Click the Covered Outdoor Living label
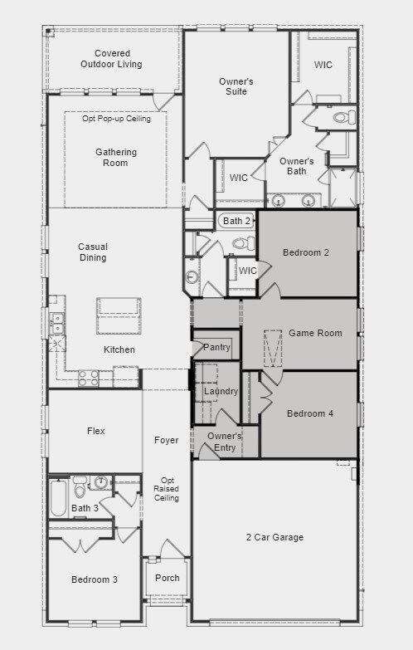[x=111, y=58]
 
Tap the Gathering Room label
[x=116, y=158]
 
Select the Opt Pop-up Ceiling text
[x=116, y=119]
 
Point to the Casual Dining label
[x=93, y=252]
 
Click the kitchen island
[x=119, y=316]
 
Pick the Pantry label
[x=216, y=347]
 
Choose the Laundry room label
[x=221, y=391]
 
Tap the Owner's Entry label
[x=225, y=442]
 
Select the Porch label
[x=167, y=578]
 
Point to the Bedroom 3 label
[x=94, y=579]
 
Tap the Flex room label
[x=96, y=431]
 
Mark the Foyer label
[x=167, y=440]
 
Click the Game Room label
[x=315, y=333]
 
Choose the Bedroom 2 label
[x=306, y=252]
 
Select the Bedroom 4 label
[x=310, y=413]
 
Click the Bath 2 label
[x=236, y=221]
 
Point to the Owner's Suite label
[x=236, y=86]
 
